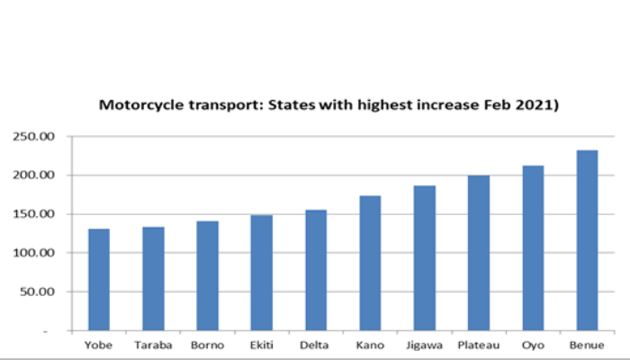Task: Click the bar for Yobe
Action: pyautogui.click(x=99, y=280)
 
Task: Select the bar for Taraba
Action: pyautogui.click(x=153, y=279)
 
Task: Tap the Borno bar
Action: pyautogui.click(x=208, y=276)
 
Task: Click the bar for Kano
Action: pyautogui.click(x=370, y=263)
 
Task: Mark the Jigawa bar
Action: pyautogui.click(x=425, y=257)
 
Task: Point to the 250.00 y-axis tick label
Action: pyautogui.click(x=34, y=137)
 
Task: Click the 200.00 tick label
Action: pyautogui.click(x=34, y=175)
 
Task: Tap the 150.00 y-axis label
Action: pyautogui.click(x=34, y=214)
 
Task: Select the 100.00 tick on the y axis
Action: pyautogui.click(x=34, y=253)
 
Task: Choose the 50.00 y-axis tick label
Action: pyautogui.click(x=37, y=292)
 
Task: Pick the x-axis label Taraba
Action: pyautogui.click(x=153, y=344)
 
